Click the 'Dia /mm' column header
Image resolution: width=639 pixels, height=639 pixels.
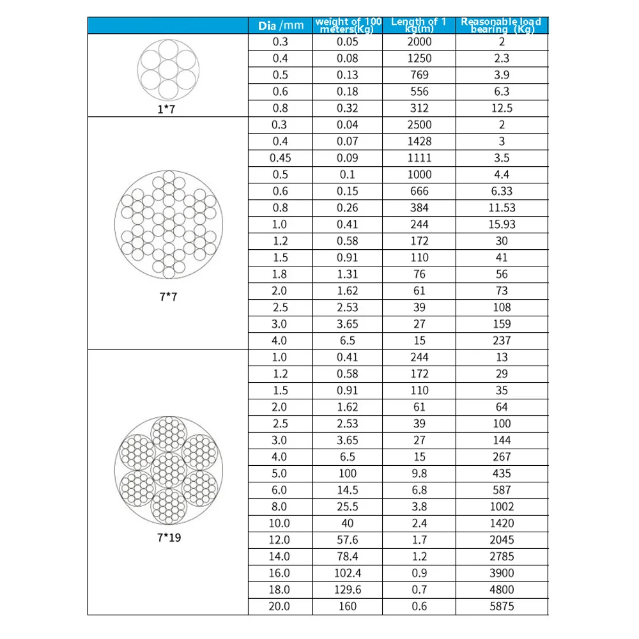281,26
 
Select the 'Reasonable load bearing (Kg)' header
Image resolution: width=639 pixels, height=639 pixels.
501,26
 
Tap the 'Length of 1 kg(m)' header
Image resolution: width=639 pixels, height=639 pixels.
419,26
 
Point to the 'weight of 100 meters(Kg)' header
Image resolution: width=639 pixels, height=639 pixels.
348,26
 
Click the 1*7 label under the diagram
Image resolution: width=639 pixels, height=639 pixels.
166,110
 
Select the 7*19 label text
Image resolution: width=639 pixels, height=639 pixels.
169,537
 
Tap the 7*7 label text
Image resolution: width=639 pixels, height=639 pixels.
169,297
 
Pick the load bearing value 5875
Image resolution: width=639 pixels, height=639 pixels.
502,606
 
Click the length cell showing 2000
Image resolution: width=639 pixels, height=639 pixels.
419,42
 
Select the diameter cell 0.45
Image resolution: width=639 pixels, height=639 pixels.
281,158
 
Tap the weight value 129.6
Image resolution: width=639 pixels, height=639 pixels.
348,590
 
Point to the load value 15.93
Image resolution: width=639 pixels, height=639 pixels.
502,224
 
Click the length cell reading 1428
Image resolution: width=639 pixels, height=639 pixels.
419,141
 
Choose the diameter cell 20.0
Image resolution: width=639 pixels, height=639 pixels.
281,606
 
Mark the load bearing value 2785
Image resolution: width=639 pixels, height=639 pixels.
502,557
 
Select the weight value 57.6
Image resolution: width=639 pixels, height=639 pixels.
348,540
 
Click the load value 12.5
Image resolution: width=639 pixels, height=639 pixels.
502,108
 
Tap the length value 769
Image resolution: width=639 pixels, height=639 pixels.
419,75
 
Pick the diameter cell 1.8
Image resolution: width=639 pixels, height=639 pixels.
281,274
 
